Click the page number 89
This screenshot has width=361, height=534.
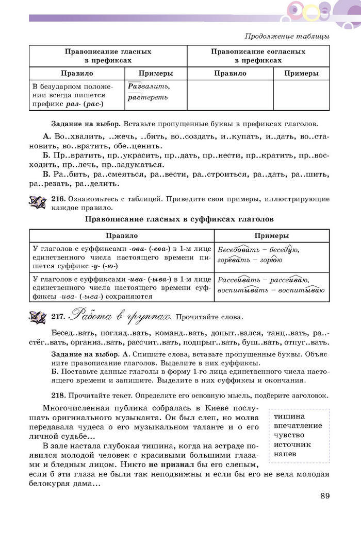324,496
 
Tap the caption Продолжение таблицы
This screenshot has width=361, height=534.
287,36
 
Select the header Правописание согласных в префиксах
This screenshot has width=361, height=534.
258,56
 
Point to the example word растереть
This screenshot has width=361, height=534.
147,97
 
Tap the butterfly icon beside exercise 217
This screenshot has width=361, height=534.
38,316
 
